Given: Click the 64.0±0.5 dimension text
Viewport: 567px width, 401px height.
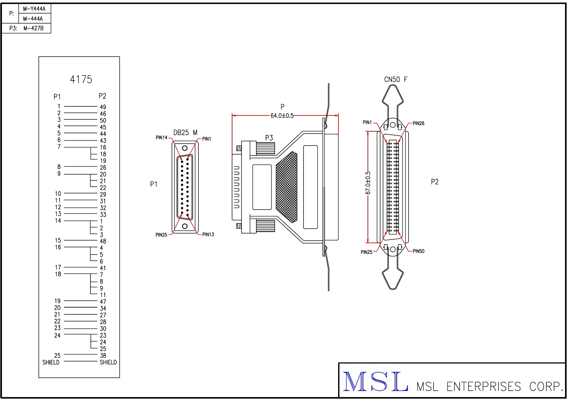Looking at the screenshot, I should pyautogui.click(x=282, y=116).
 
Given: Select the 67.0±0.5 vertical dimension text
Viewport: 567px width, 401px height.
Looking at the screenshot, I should pyautogui.click(x=368, y=183).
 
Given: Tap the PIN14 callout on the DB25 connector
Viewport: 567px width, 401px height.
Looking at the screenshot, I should pyautogui.click(x=161, y=138).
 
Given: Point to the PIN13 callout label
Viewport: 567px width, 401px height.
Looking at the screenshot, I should pyautogui.click(x=208, y=234).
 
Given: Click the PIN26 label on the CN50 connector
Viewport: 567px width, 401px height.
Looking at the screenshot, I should pyautogui.click(x=418, y=123).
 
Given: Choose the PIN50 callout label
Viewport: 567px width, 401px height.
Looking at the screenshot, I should pyautogui.click(x=418, y=251).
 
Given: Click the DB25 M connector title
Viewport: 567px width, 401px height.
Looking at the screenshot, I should pyautogui.click(x=185, y=133).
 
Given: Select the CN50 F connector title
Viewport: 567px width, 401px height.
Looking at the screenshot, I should pyautogui.click(x=395, y=80).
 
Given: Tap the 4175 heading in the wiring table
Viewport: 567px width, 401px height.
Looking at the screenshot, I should pyautogui.click(x=81, y=80).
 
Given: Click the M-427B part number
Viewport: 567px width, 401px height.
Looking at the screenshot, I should pyautogui.click(x=33, y=28).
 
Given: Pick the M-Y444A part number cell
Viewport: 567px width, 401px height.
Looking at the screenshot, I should pyautogui.click(x=34, y=9).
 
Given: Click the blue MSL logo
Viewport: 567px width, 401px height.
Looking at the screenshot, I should pyautogui.click(x=375, y=382).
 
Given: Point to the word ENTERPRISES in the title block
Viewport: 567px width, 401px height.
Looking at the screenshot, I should pyautogui.click(x=484, y=387).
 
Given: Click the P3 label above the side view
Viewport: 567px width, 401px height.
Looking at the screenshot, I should pyautogui.click(x=269, y=138).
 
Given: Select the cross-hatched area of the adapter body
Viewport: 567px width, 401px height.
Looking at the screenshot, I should pyautogui.click(x=287, y=187).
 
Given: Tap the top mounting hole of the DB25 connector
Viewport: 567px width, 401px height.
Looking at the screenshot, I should pyautogui.click(x=185, y=148).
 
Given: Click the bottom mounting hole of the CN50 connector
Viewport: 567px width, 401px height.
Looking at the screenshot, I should pyautogui.click(x=393, y=249).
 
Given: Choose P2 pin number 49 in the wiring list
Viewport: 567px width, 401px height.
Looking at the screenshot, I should pyautogui.click(x=103, y=107).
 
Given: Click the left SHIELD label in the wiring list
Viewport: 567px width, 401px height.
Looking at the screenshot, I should pyautogui.click(x=51, y=363).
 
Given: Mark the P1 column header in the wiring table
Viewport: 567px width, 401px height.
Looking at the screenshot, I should pyautogui.click(x=57, y=97).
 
